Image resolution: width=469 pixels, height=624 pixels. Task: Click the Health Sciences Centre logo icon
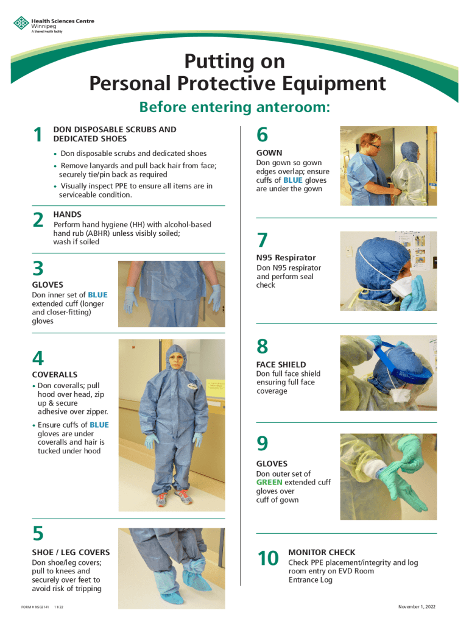point(21,24)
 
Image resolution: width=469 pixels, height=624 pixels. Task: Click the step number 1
point(38,135)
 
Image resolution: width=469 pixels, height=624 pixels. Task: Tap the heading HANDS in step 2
point(67,215)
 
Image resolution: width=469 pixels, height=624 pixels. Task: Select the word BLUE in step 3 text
point(97,295)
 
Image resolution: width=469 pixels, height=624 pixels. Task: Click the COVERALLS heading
point(54,374)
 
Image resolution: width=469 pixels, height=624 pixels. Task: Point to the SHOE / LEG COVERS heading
point(71,552)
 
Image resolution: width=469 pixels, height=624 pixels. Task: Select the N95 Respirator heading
point(286,258)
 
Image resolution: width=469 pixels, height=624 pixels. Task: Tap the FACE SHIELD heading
point(281,364)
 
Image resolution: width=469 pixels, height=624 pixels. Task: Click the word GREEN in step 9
point(269,482)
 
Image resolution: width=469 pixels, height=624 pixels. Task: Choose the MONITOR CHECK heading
point(322,552)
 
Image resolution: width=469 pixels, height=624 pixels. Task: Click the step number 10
point(268,558)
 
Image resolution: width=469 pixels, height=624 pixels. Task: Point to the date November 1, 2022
point(417,607)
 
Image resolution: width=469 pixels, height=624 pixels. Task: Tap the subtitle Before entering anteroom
point(234,107)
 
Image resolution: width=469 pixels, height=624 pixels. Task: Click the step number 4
point(38,358)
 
